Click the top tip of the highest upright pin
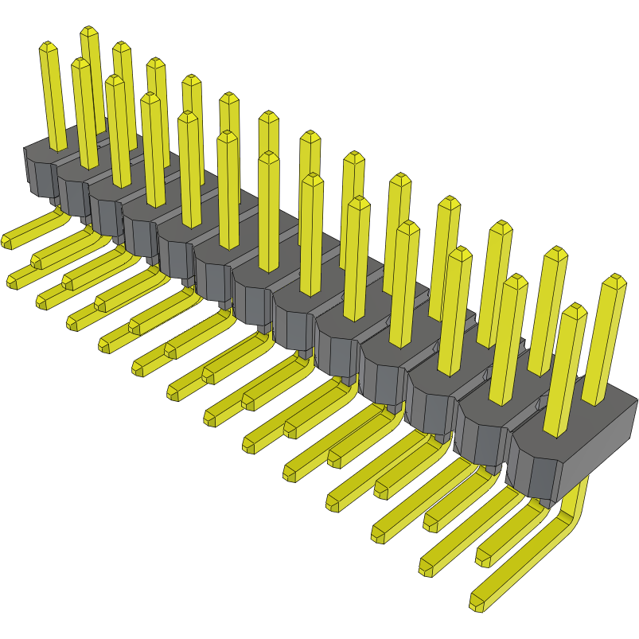88,33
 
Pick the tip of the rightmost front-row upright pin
575,311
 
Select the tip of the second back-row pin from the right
555,255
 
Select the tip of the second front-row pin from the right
516,282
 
